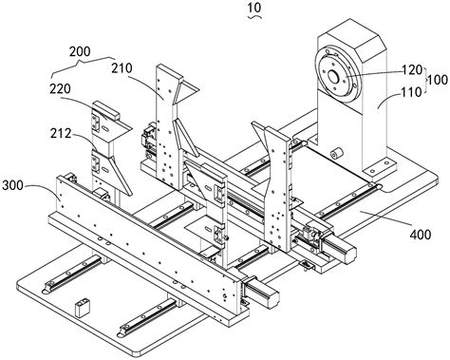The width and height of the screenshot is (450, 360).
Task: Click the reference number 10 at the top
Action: pos(254,7)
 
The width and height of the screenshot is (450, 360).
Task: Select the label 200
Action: pos(80,51)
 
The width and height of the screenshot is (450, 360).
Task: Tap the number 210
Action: pos(122,68)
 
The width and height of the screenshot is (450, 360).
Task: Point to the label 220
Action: pos(60,89)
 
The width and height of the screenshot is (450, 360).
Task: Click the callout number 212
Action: pos(61,134)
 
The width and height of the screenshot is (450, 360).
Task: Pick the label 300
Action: pos(12,185)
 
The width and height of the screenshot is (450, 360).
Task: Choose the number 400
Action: pos(421,235)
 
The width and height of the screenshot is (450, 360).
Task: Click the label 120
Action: pos(412,69)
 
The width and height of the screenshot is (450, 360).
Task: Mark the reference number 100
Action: pos(438,80)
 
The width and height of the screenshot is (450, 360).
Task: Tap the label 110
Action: pos(411,92)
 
